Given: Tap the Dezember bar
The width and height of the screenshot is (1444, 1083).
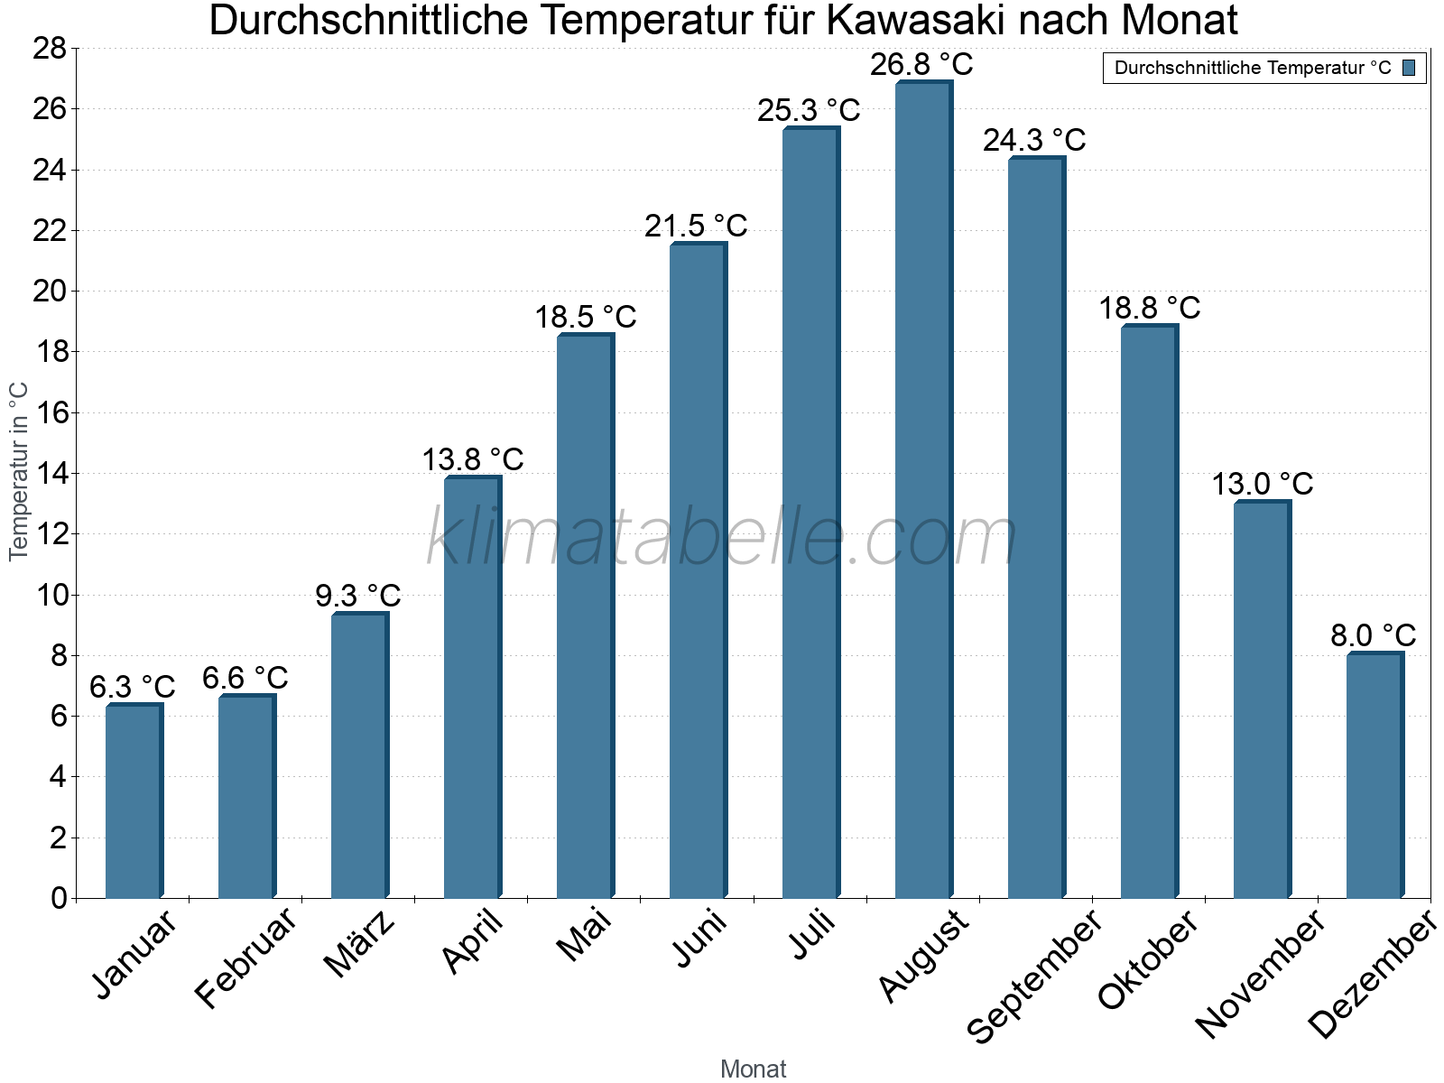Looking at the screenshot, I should click(1374, 775).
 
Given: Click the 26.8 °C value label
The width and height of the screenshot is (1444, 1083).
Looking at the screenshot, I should click(921, 65).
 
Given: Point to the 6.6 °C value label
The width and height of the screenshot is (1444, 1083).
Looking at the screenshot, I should click(245, 678).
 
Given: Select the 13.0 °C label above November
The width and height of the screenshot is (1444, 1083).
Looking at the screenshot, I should click(1262, 485).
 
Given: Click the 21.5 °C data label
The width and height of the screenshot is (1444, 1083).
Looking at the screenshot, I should click(696, 226).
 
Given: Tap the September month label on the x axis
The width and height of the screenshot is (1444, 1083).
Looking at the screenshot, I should click(1034, 976).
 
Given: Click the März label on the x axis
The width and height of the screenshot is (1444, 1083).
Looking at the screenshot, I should click(359, 944).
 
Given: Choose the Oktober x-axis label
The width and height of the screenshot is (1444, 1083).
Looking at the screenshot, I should click(1148, 958).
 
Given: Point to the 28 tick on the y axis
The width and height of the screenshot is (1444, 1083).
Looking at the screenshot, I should click(50, 49).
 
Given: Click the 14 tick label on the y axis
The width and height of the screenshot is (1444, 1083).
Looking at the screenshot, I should click(50, 473).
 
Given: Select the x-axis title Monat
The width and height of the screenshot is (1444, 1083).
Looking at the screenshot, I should click(753, 1069).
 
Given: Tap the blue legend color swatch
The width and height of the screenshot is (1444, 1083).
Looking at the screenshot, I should click(1409, 68).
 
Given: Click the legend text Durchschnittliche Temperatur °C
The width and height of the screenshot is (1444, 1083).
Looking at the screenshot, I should click(1253, 68).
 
